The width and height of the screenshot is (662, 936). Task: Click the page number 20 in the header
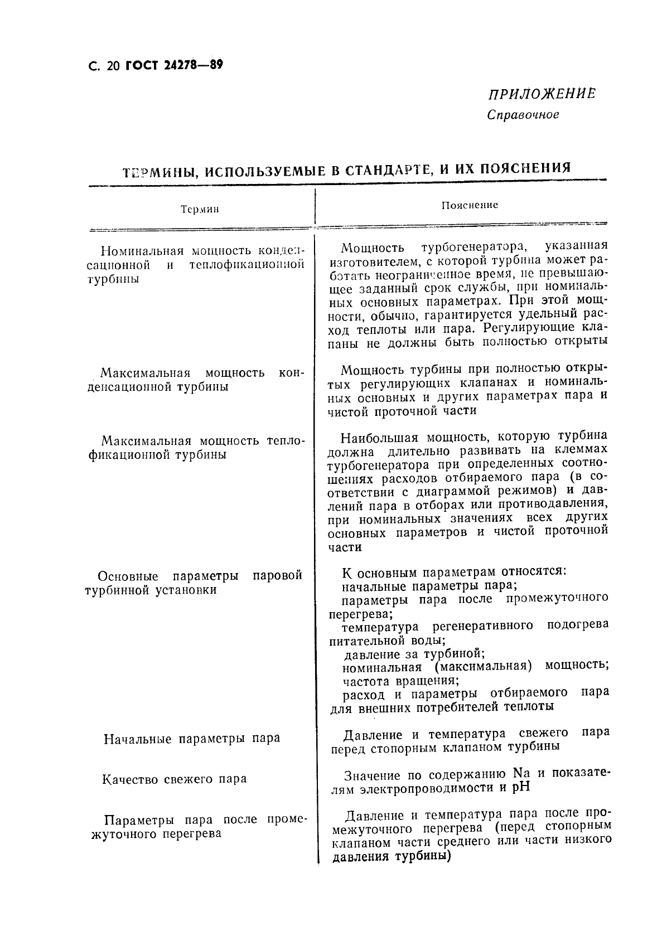click(112, 66)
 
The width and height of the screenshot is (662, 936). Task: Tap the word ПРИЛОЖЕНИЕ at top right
click(539, 94)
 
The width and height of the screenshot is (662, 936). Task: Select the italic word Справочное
click(523, 115)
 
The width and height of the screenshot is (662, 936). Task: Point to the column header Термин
click(200, 210)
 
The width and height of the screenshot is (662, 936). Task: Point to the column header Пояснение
click(470, 205)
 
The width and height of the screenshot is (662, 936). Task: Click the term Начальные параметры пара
click(192, 739)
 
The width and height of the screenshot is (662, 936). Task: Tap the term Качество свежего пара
click(175, 779)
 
